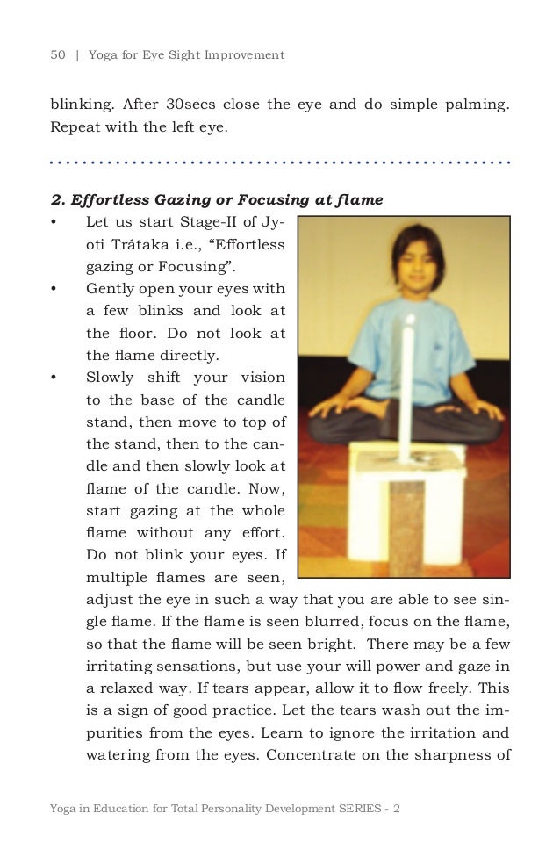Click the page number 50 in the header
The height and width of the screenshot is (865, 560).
pyautogui.click(x=58, y=55)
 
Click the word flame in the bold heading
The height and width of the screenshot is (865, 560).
pyautogui.click(x=361, y=199)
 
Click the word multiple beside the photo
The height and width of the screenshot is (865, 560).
pyautogui.click(x=118, y=578)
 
